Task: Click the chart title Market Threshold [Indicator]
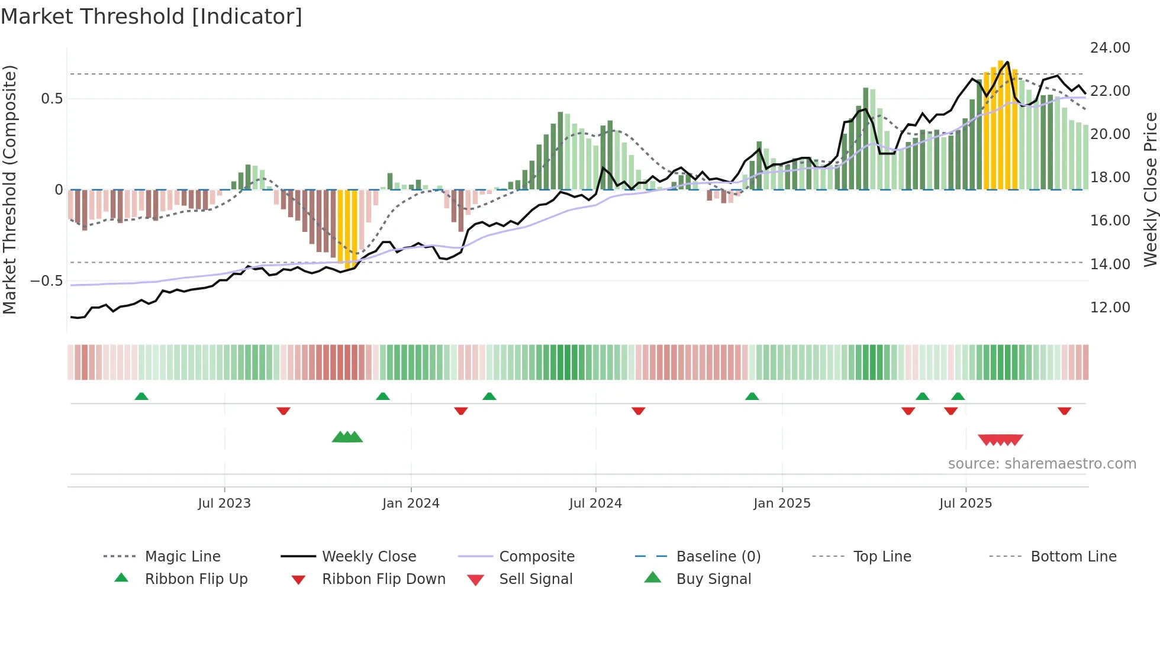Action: click(152, 17)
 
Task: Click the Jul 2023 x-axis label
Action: click(224, 503)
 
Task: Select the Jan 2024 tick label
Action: click(411, 503)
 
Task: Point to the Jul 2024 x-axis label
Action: click(595, 503)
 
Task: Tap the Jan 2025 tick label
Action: click(782, 503)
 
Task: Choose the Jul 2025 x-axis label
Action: click(965, 503)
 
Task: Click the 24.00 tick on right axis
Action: click(1110, 48)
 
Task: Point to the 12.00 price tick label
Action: click(1110, 308)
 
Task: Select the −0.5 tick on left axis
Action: click(46, 281)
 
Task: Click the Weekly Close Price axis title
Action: click(1150, 189)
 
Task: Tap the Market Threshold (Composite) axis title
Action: click(9, 189)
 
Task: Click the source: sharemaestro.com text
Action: click(1042, 464)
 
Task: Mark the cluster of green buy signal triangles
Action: click(347, 437)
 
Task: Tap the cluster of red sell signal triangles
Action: click(1000, 440)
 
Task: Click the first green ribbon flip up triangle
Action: click(141, 396)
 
